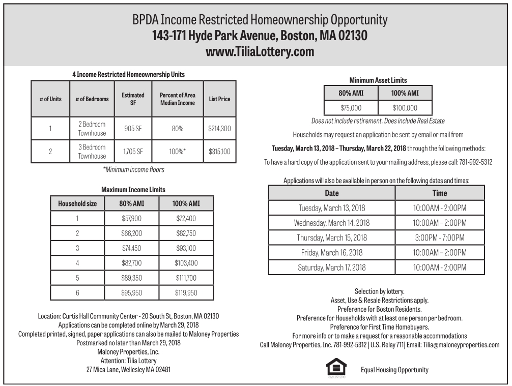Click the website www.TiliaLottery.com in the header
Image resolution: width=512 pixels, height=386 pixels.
tap(260, 52)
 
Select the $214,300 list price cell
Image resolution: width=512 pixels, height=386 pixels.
tap(219, 129)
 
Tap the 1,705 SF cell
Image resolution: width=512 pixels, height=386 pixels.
tap(133, 152)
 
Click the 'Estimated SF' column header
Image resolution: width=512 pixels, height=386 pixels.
tap(133, 99)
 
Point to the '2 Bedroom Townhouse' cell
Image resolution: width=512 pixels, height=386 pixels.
tap(92, 129)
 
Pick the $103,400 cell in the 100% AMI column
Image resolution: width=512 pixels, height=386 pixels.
tap(186, 263)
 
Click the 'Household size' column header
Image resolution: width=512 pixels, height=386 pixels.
tap(77, 203)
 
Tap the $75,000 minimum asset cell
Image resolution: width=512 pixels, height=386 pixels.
tap(351, 108)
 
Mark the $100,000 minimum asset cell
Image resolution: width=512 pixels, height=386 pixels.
tap(405, 108)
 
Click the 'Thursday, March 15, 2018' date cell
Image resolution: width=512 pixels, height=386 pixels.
tap(332, 237)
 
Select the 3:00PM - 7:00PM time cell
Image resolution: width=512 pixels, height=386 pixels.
tap(439, 237)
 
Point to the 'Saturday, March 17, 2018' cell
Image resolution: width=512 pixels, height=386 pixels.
tap(332, 268)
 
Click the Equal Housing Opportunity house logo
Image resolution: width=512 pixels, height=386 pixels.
tap(336, 368)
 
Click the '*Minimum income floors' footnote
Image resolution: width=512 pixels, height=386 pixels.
tap(133, 169)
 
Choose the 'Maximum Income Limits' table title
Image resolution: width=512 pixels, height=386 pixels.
tap(133, 190)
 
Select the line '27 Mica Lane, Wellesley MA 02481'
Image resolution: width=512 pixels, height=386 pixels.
tap(128, 370)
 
